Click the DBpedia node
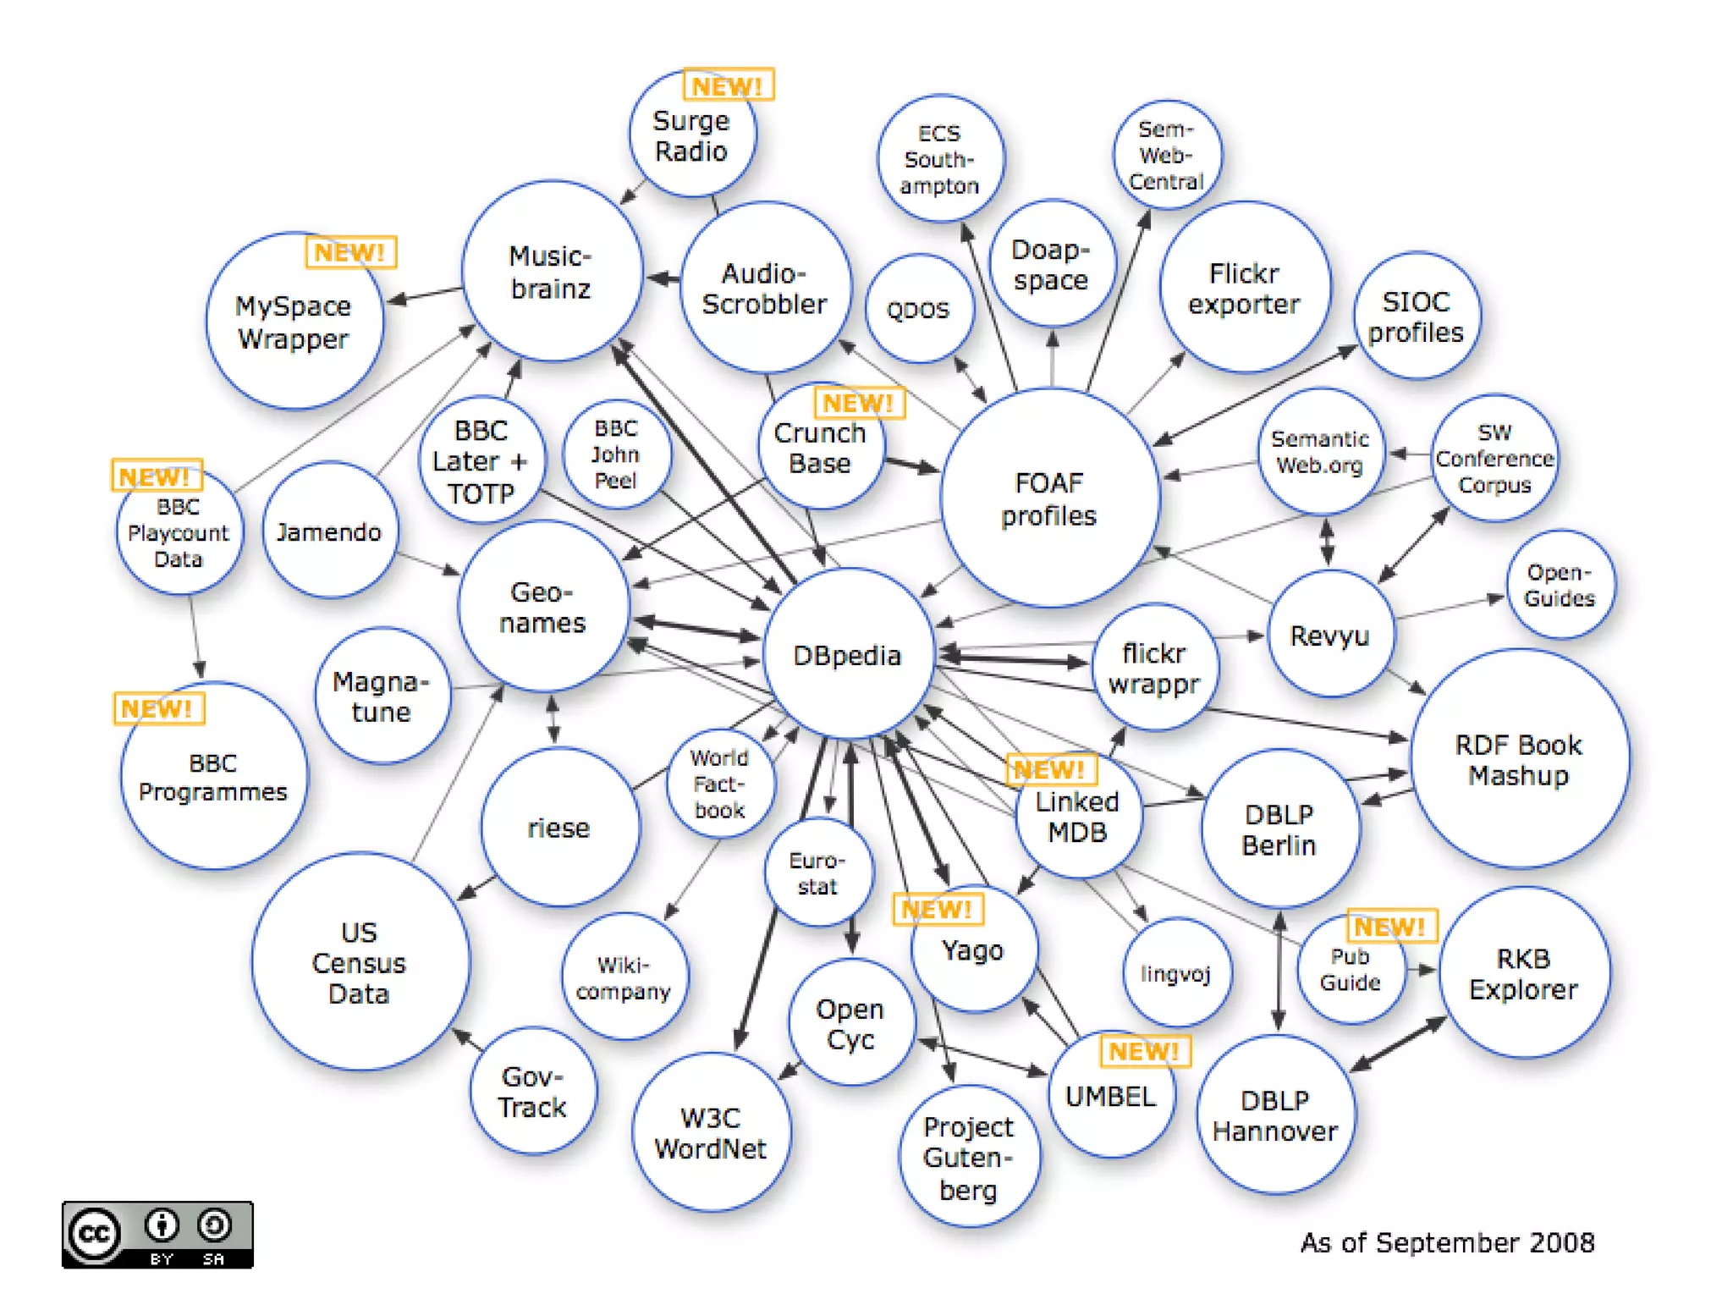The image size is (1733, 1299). click(x=848, y=654)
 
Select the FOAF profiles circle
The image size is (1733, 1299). click(x=1049, y=498)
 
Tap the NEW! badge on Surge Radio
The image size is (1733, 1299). click(x=728, y=85)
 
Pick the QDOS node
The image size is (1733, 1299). click(x=919, y=309)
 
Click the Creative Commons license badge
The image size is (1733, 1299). click(x=157, y=1234)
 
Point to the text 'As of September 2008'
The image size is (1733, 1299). click(x=1447, y=1242)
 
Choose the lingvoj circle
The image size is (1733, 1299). click(x=1176, y=973)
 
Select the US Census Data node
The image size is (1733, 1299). click(x=360, y=962)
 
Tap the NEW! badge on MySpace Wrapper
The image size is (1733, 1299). click(x=350, y=252)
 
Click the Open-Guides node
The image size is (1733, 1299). click(x=1560, y=585)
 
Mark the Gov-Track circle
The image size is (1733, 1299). click(x=533, y=1092)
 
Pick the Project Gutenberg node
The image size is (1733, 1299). click(x=969, y=1157)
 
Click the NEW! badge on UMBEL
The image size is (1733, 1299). click(x=1144, y=1051)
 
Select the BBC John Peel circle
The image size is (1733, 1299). click(x=616, y=454)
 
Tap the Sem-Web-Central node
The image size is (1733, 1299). click(x=1167, y=155)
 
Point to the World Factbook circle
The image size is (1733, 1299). click(x=719, y=784)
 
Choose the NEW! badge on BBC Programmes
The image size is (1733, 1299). click(x=158, y=708)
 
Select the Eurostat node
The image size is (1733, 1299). click(x=817, y=872)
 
